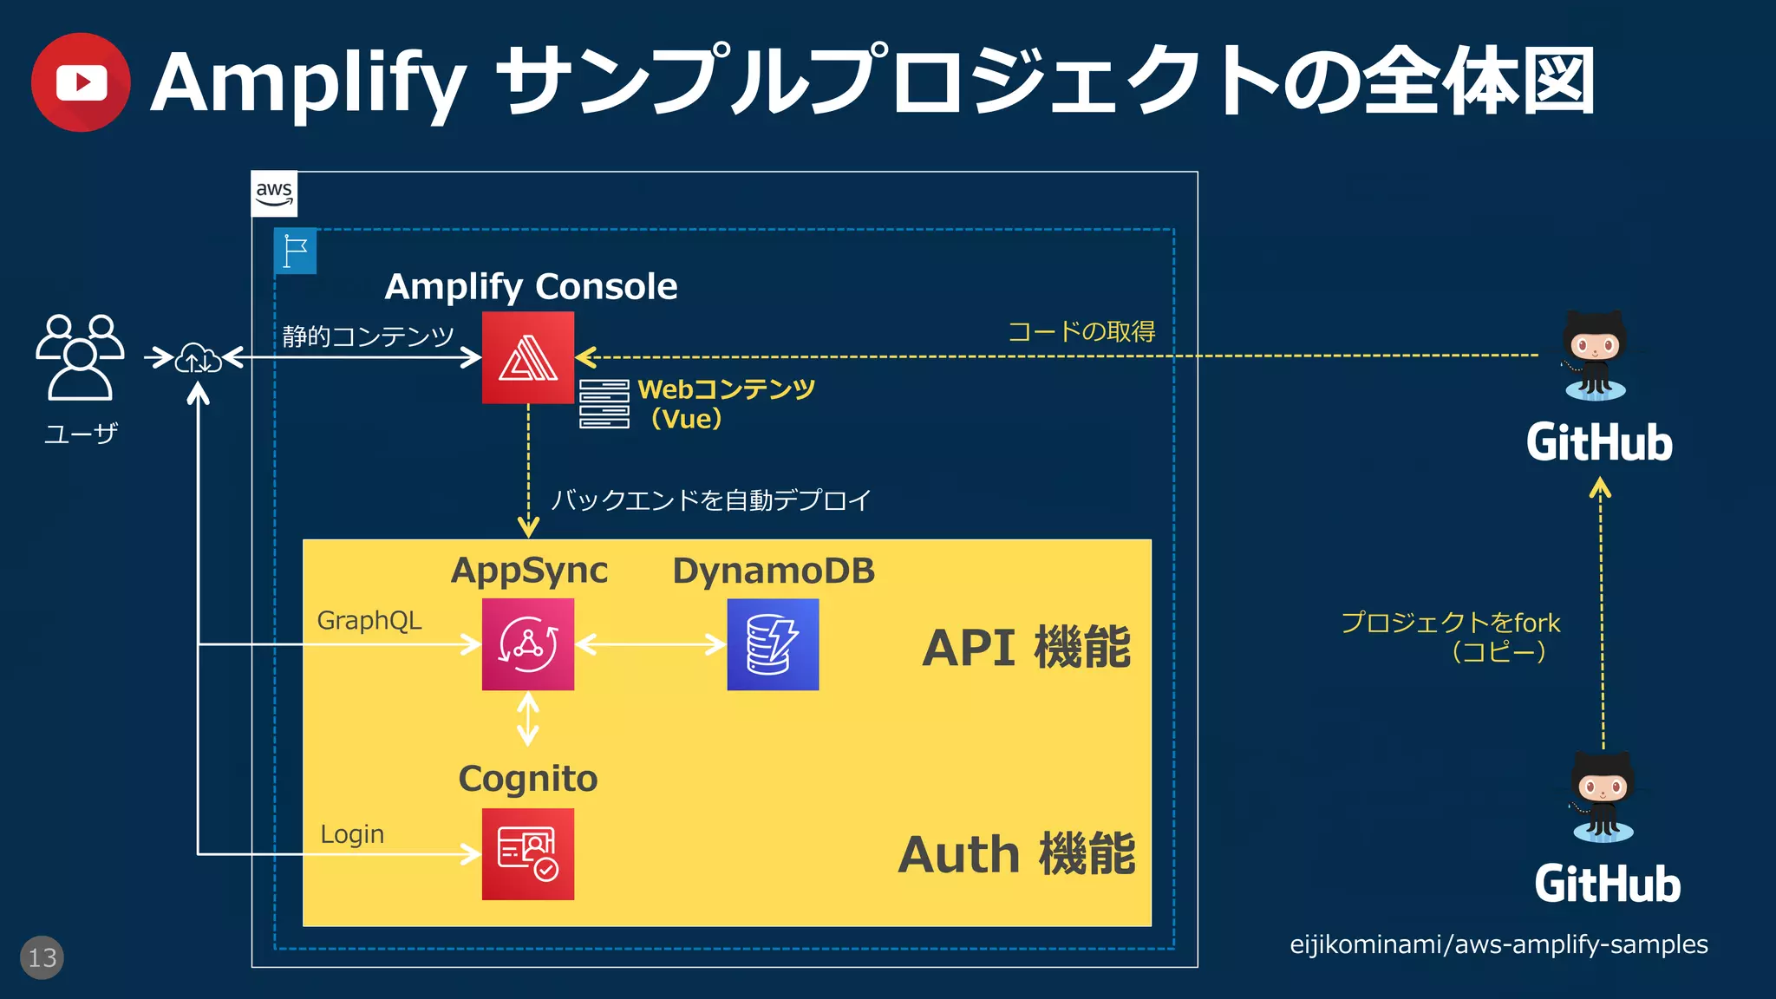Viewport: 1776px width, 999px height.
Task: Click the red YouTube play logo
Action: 81,82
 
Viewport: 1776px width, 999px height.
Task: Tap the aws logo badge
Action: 274,193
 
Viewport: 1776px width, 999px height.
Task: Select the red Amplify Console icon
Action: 527,357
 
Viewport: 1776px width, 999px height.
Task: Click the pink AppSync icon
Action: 527,644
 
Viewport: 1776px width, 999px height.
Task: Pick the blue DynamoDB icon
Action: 773,644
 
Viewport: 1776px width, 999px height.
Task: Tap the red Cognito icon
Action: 527,854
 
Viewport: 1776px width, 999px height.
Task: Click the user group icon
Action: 80,357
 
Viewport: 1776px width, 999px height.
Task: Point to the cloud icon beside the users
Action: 198,358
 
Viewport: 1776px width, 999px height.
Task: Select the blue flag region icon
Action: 295,251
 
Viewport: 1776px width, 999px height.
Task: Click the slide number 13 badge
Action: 42,957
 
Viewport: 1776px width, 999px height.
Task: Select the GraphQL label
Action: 369,621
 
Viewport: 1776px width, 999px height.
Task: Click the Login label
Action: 352,834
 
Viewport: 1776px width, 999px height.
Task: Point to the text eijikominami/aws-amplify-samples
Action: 1498,944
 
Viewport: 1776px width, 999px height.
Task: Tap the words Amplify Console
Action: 531,286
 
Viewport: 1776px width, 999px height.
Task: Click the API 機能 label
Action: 1027,647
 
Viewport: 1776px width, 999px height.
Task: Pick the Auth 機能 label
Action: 1016,854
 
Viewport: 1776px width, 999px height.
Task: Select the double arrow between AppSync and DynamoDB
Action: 650,644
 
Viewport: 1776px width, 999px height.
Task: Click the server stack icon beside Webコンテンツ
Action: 604,404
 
